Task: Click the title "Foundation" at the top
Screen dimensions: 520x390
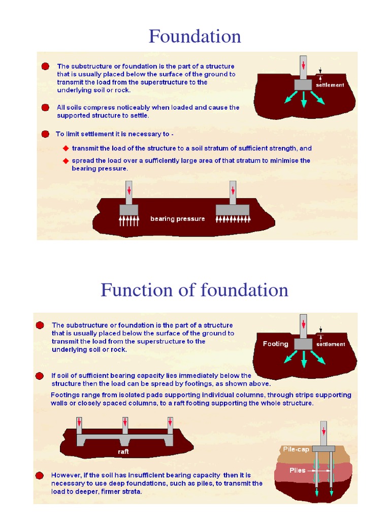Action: coord(194,37)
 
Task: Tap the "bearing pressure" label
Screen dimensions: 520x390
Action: coord(178,219)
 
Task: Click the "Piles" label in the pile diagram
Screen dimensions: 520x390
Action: coord(298,470)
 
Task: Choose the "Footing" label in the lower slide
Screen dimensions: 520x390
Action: coord(275,344)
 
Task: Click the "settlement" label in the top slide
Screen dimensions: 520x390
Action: coord(330,85)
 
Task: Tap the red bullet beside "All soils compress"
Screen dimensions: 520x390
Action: coord(46,108)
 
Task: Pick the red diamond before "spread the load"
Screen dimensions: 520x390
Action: coord(66,160)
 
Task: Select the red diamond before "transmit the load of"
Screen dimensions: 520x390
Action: coord(66,148)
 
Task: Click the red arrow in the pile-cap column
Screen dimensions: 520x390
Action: coord(323,432)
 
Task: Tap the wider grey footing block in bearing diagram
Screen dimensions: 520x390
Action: coord(232,210)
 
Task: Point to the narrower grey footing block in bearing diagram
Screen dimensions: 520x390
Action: coord(128,210)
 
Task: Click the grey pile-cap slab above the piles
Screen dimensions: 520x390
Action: coord(323,448)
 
